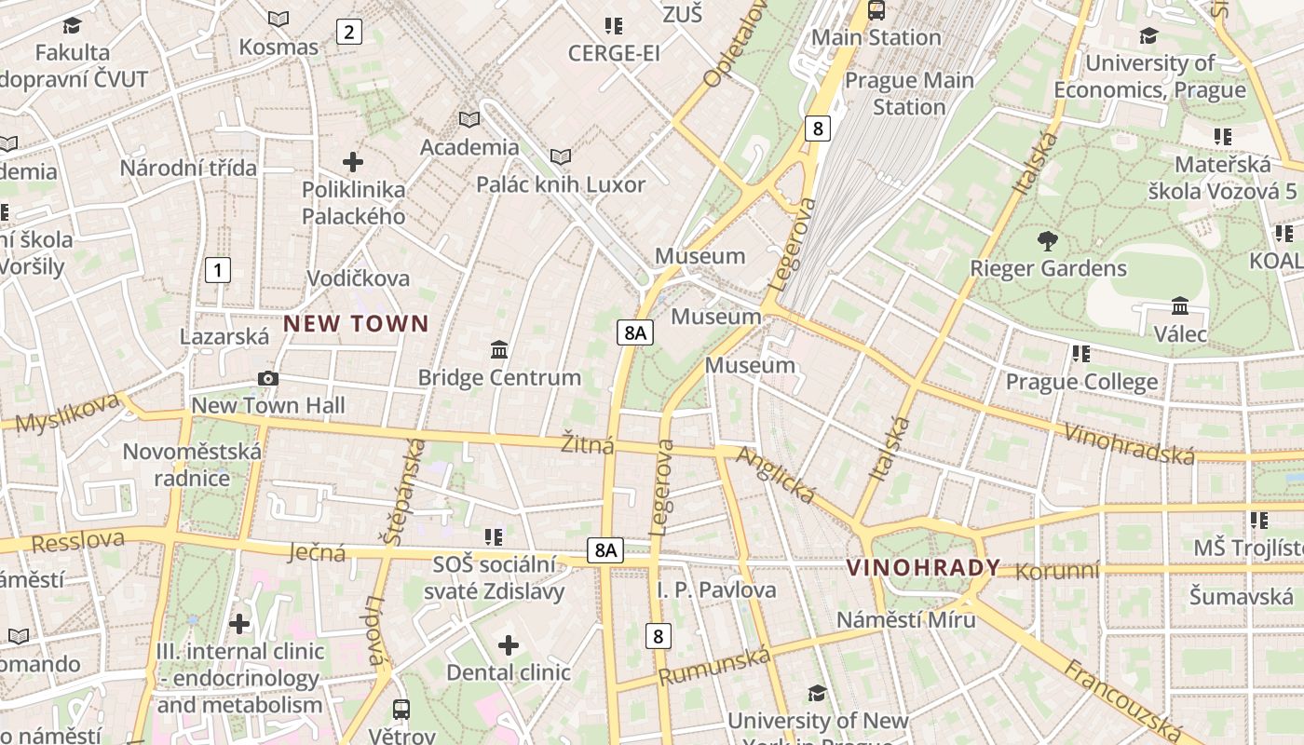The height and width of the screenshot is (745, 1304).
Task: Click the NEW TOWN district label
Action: click(x=356, y=324)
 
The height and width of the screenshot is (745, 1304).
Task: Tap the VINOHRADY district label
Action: click(x=923, y=567)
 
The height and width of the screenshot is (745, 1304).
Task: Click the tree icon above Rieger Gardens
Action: click(x=1048, y=241)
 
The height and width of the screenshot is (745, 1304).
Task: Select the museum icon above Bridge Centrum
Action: click(x=499, y=350)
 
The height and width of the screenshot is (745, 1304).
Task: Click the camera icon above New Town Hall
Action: click(x=268, y=378)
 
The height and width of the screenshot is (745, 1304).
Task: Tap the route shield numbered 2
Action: click(x=348, y=33)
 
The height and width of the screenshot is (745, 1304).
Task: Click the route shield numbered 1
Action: click(x=217, y=271)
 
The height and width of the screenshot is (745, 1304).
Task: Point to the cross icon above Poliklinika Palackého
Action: click(x=353, y=162)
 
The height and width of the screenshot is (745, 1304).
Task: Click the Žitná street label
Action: click(x=587, y=445)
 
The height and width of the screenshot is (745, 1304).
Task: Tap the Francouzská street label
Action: click(x=1122, y=698)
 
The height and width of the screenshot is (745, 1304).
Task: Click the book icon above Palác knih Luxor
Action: click(x=561, y=156)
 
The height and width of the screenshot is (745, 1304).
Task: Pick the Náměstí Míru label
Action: click(x=905, y=619)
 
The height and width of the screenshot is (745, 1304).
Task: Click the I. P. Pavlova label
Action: click(x=716, y=589)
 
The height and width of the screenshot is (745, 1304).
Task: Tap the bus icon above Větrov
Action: click(x=401, y=710)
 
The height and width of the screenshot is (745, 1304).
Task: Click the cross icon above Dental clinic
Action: click(x=509, y=644)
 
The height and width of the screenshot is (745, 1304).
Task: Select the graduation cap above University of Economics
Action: click(x=1148, y=36)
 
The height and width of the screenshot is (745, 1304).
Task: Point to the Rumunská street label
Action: click(x=714, y=665)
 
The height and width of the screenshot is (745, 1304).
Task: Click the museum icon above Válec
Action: click(x=1180, y=306)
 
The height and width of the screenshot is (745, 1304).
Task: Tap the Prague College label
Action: click(x=1081, y=382)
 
